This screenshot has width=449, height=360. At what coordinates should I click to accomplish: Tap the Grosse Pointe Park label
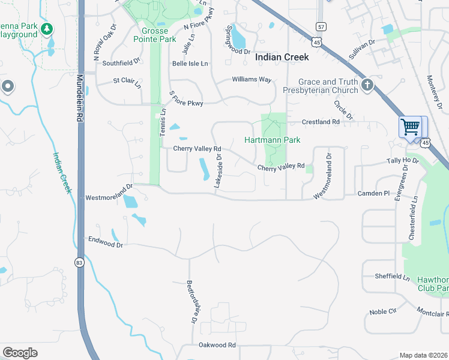[x=159, y=35]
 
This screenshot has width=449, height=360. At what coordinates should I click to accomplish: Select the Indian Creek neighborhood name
[x=282, y=58]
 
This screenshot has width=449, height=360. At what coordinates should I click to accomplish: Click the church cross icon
[x=369, y=86]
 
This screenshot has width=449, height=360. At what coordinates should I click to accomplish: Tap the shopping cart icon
[x=410, y=127]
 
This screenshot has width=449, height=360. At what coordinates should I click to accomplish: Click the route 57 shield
[x=322, y=27]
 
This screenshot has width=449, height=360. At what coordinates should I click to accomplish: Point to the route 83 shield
[x=79, y=262]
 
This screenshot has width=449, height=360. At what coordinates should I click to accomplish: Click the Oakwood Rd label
[x=217, y=345]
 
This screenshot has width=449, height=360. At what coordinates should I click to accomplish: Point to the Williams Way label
[x=252, y=79]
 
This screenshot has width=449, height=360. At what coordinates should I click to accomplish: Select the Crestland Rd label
[x=321, y=122]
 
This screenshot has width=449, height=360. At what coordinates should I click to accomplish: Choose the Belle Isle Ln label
[x=190, y=63]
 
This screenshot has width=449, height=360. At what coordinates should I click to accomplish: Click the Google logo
[x=20, y=352]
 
